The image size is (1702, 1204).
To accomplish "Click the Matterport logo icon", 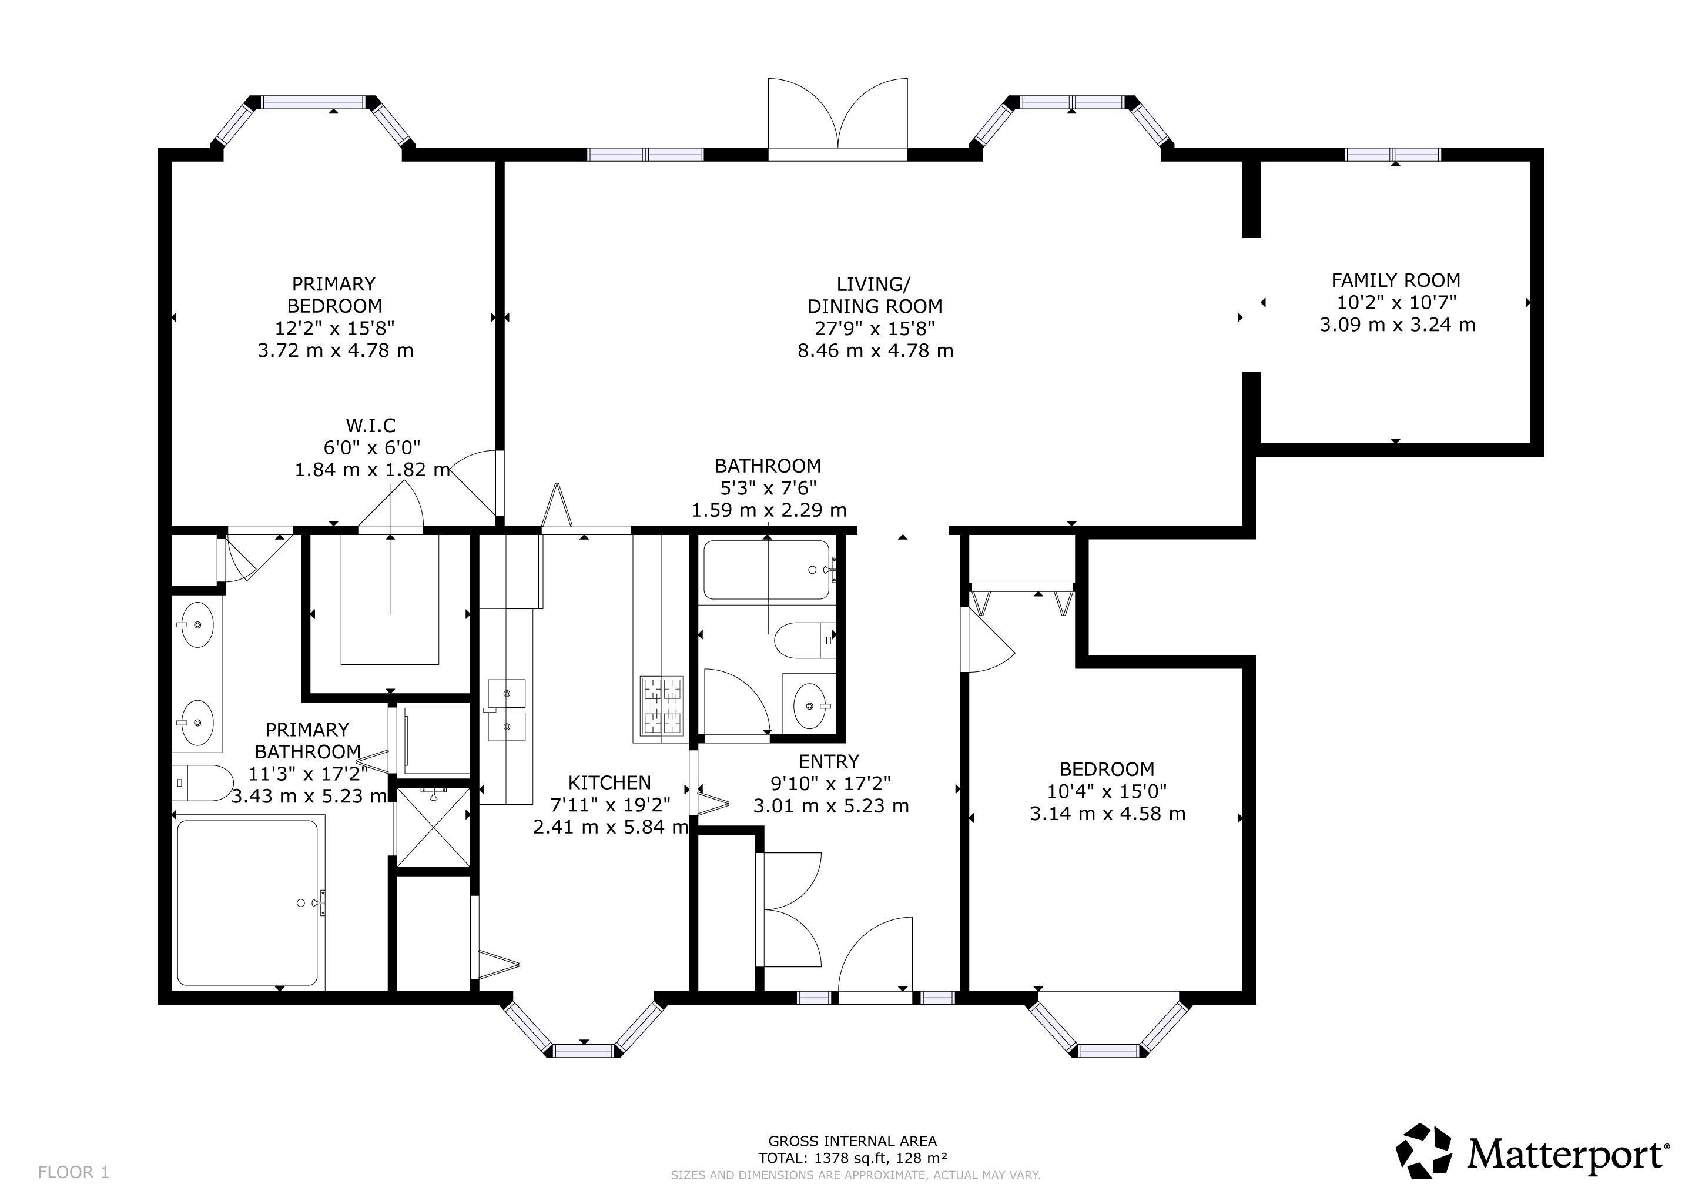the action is point(1423,1151).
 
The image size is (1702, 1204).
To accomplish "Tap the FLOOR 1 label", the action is point(73,1172).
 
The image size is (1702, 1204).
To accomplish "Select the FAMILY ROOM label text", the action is point(1396,280).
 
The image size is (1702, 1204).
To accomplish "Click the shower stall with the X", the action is point(434,827).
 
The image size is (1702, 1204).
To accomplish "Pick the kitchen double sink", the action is point(506,710).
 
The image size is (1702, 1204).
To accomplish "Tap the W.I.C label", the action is point(371,426).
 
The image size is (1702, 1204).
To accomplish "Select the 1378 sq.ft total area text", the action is point(852,1158).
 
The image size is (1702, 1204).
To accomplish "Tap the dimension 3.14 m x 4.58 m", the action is point(1107,813).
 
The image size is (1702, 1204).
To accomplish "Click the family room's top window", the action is point(1393,154).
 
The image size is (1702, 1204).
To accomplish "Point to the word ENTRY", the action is point(829,761).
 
